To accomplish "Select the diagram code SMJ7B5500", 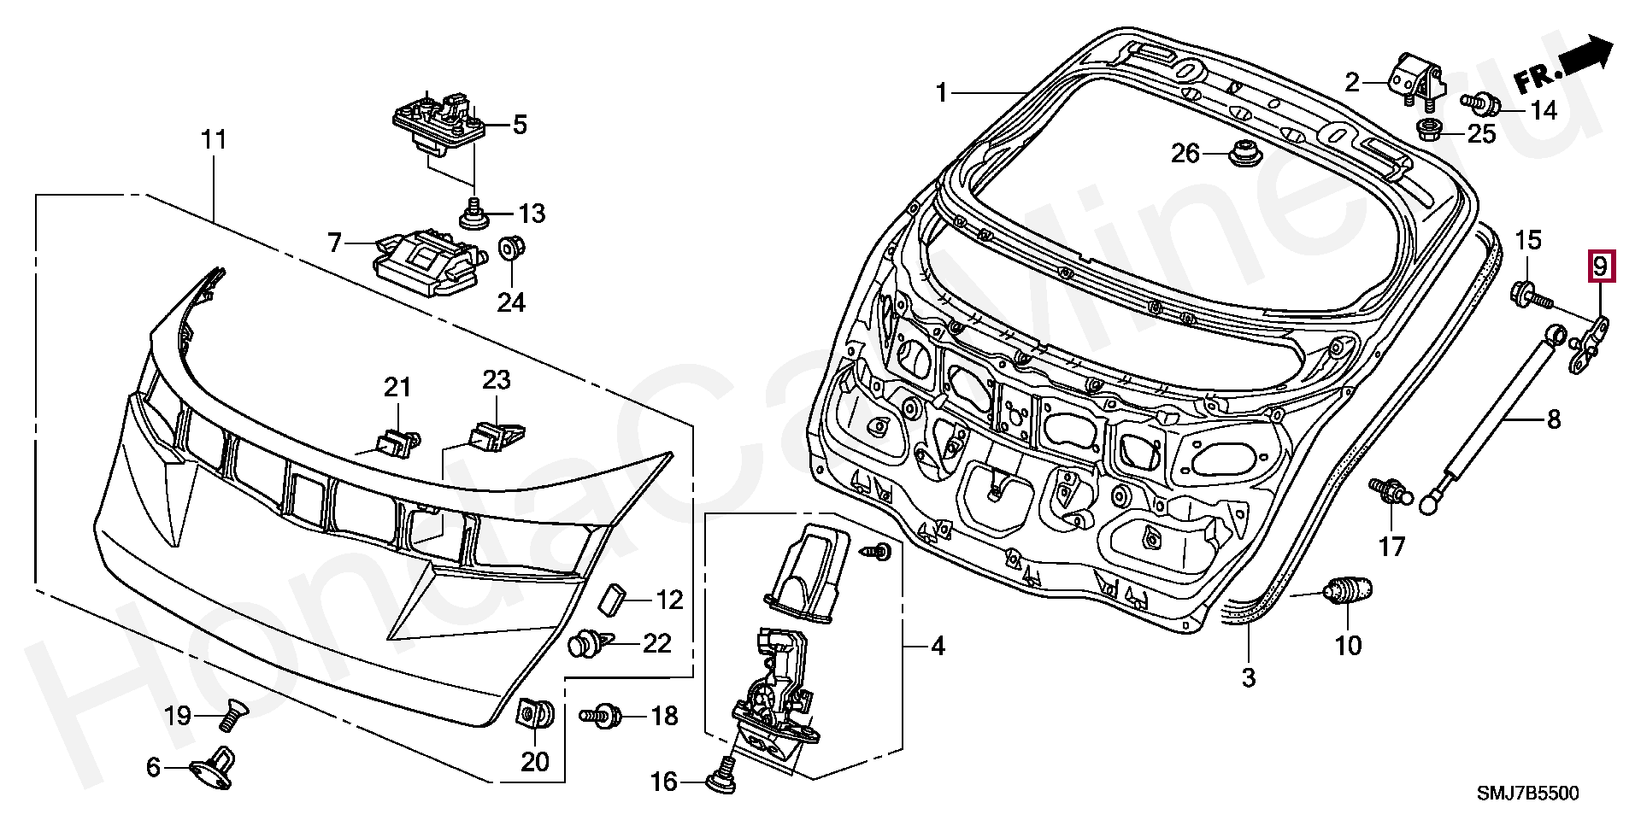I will point(1528,794).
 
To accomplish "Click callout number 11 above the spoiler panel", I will point(214,139).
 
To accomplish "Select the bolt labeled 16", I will point(722,773).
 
